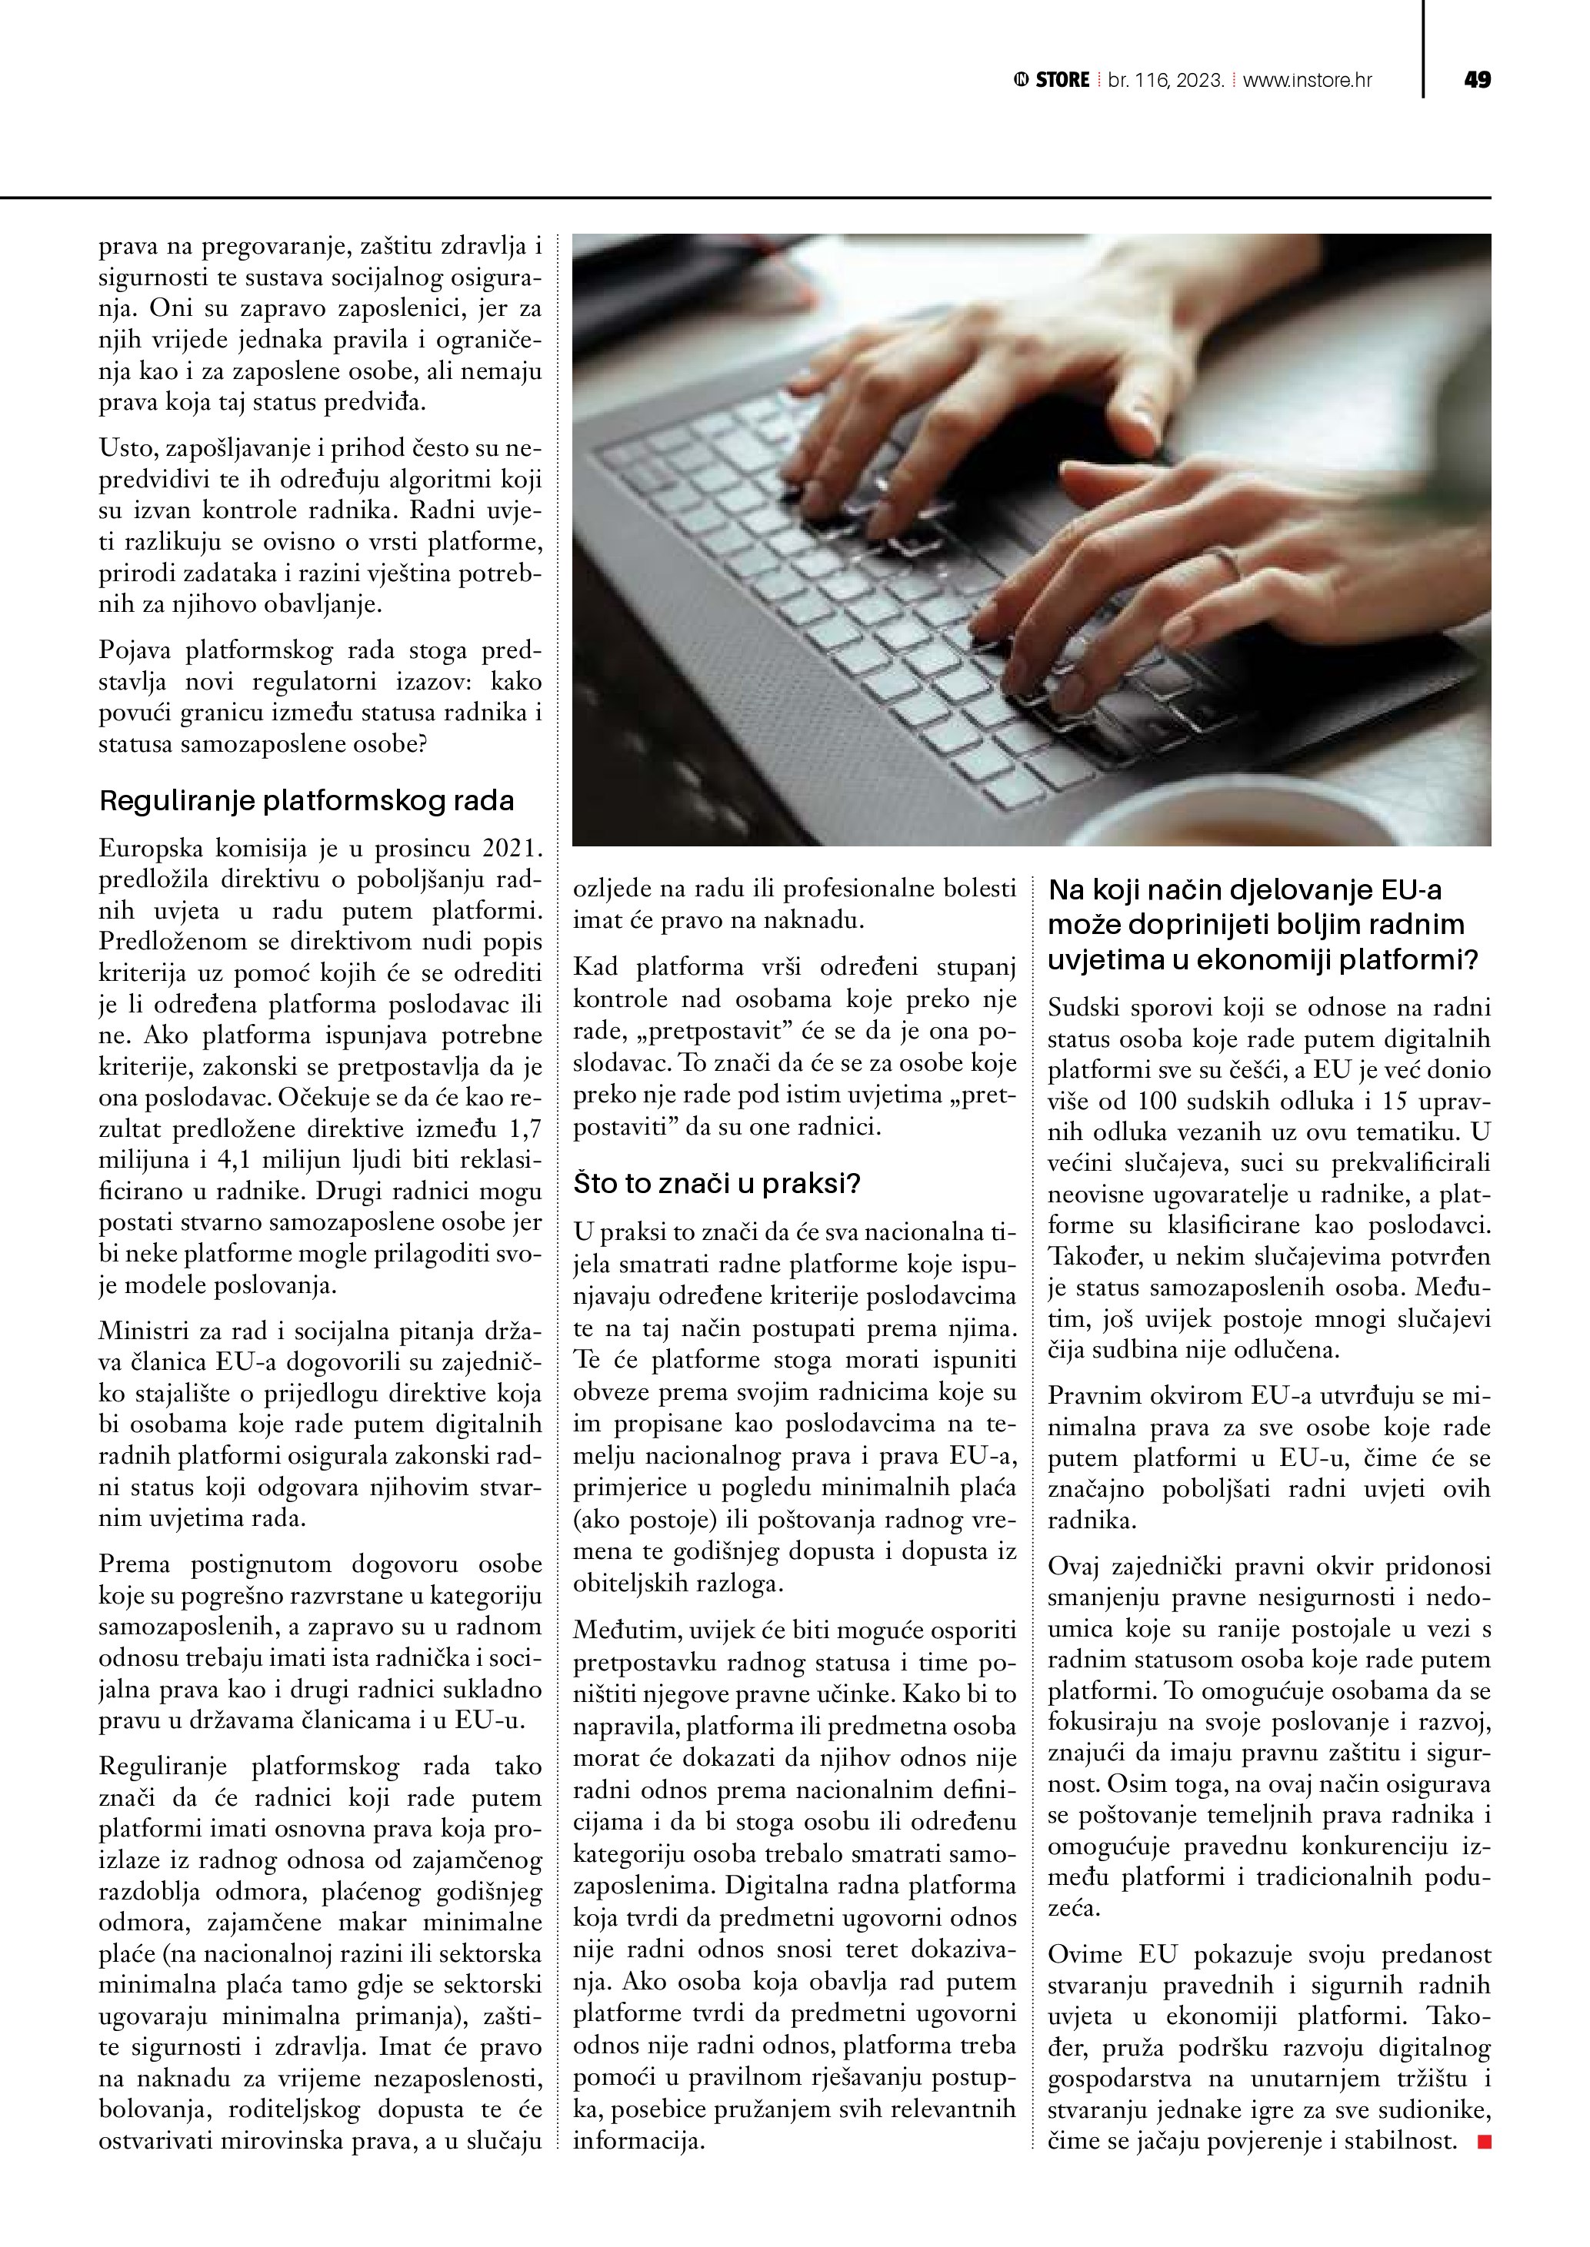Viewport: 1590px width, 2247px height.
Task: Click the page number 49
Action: (1476, 80)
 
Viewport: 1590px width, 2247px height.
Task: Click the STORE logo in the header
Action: (1052, 80)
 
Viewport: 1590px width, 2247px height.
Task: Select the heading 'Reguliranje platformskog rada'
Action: (306, 800)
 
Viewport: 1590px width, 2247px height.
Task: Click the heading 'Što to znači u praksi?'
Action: (717, 1184)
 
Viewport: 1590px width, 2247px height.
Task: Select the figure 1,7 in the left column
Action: (521, 1129)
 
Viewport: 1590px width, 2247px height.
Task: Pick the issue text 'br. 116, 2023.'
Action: (1166, 80)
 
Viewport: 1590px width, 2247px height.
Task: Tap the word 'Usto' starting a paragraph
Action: (127, 448)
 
